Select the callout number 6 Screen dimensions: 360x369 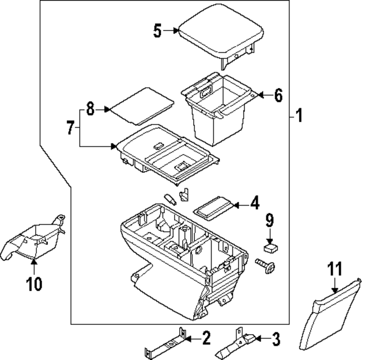[x=278, y=96]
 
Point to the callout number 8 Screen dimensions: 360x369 [x=90, y=109]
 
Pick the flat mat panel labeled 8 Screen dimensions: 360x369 [x=142, y=104]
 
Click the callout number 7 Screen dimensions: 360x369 [x=70, y=128]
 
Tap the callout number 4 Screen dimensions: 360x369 [x=254, y=203]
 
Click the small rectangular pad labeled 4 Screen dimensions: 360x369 [x=213, y=207]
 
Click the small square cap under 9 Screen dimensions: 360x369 [x=270, y=247]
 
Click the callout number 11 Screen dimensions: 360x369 [x=335, y=268]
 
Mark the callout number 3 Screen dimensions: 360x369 [x=276, y=340]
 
